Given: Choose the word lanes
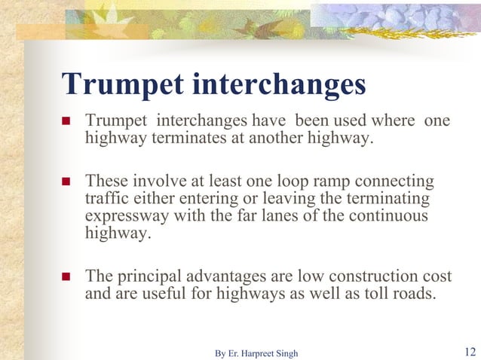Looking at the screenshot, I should [x=280, y=216].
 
